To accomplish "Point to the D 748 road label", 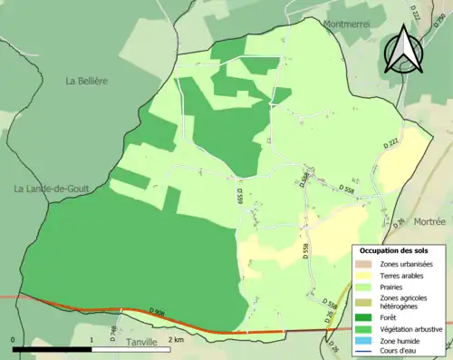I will [113, 332].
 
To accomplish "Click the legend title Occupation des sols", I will [395, 249].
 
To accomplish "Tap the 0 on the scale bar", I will [14, 339].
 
